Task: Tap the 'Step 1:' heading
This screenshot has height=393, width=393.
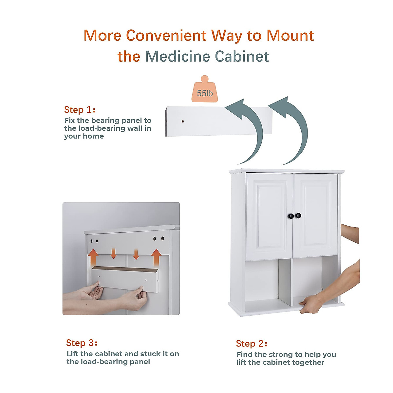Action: click(80, 110)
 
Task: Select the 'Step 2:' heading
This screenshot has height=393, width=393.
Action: click(252, 344)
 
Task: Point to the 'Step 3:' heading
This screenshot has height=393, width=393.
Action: click(82, 343)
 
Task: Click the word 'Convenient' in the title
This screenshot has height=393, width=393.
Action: click(166, 35)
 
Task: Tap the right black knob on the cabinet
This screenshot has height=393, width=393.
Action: click(298, 215)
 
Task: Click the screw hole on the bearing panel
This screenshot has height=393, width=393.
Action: click(182, 122)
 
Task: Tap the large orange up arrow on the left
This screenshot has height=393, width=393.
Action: click(94, 257)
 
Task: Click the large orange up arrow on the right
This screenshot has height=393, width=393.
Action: click(156, 257)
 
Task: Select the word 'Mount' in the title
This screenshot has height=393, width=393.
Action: click(290, 35)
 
